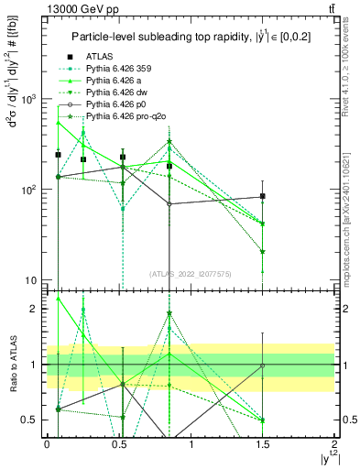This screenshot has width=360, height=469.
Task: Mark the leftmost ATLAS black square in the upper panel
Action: tap(58, 155)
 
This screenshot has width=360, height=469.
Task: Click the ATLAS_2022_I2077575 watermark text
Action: tap(190, 273)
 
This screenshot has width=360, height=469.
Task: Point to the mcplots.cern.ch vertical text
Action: tap(352, 211)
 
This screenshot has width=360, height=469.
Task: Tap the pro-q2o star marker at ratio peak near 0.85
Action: tap(169, 313)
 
